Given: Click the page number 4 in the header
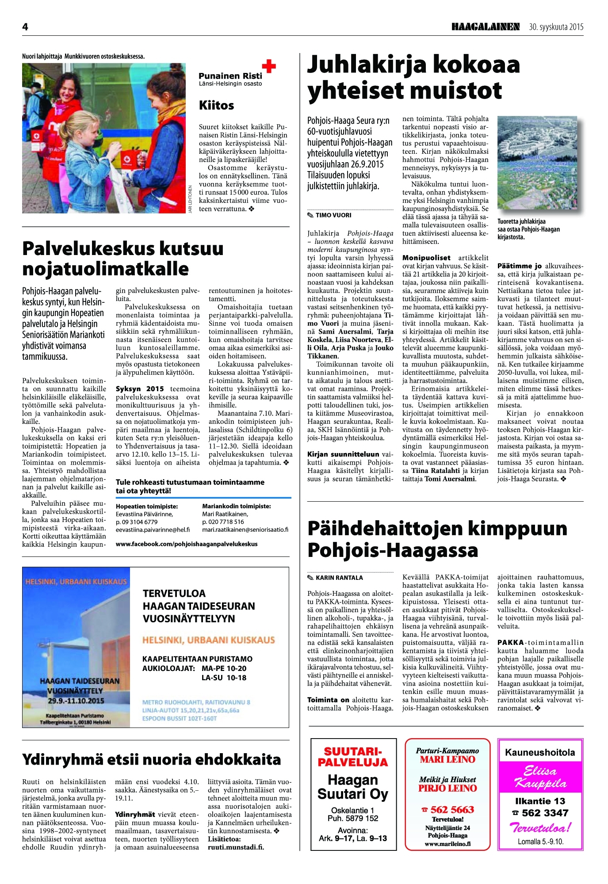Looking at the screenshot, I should [x=25, y=27].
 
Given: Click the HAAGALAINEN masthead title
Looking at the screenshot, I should [x=485, y=27].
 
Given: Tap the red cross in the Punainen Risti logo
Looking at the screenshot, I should [x=269, y=66].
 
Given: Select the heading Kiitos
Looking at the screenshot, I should [x=216, y=105].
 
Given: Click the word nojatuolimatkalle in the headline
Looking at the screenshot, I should [x=105, y=269].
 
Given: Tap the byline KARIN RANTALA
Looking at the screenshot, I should [x=339, y=578].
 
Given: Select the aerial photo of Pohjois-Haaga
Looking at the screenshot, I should [x=540, y=163].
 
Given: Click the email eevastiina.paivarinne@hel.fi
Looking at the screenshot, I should [x=153, y=530].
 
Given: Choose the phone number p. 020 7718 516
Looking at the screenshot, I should [x=223, y=522].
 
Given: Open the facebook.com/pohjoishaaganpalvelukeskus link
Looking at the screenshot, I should [x=187, y=544].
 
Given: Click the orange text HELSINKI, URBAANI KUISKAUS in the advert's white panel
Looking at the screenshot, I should [x=208, y=640].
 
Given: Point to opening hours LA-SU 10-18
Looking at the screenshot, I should [x=224, y=678].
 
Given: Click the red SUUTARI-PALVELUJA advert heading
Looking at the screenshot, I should [x=352, y=757].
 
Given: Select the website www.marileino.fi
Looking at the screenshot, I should [x=447, y=843].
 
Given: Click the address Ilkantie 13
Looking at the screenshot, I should [x=540, y=801].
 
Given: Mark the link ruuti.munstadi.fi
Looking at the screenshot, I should [x=236, y=847].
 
